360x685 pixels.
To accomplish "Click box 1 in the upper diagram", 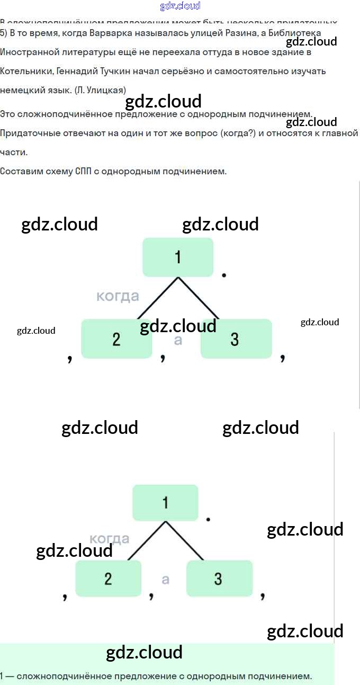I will pos(178,257).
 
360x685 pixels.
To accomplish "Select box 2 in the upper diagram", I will pos(116,339).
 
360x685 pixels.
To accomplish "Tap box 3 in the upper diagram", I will pos(236,339).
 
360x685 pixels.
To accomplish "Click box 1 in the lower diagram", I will pos(165,502).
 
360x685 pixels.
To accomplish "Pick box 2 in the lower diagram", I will pos(108,578).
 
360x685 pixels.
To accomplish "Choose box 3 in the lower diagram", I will pos(219,578).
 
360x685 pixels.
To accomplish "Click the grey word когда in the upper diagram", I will pos(118,296).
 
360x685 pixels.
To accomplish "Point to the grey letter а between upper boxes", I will pos(178,340).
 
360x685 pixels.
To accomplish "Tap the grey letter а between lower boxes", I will pos(165,580).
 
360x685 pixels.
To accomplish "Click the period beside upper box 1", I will pos(224,275).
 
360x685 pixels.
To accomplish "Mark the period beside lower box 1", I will pos(208,519).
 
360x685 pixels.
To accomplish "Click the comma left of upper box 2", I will pos(70,359).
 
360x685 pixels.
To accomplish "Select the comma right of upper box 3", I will pos(283,358).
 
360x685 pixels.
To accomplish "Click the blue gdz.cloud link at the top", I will pos(180,6).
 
